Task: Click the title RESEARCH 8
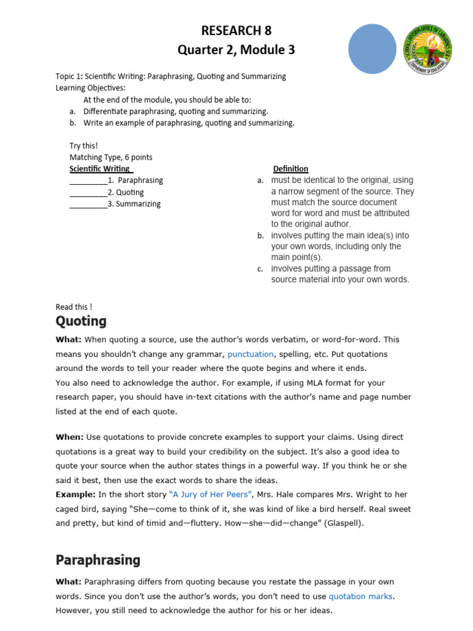point(236,31)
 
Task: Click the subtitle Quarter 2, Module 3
point(236,51)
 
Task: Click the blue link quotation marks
point(360,596)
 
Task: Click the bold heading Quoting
point(81,321)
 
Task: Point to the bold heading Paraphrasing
point(98,560)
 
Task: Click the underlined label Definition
point(291,169)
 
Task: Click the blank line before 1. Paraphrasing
point(88,181)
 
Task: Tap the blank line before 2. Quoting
point(88,193)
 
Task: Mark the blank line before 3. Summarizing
point(88,205)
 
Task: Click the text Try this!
point(84,146)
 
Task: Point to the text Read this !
point(74,307)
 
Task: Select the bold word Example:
point(75,494)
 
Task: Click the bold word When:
point(69,437)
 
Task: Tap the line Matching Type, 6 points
point(111,158)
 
